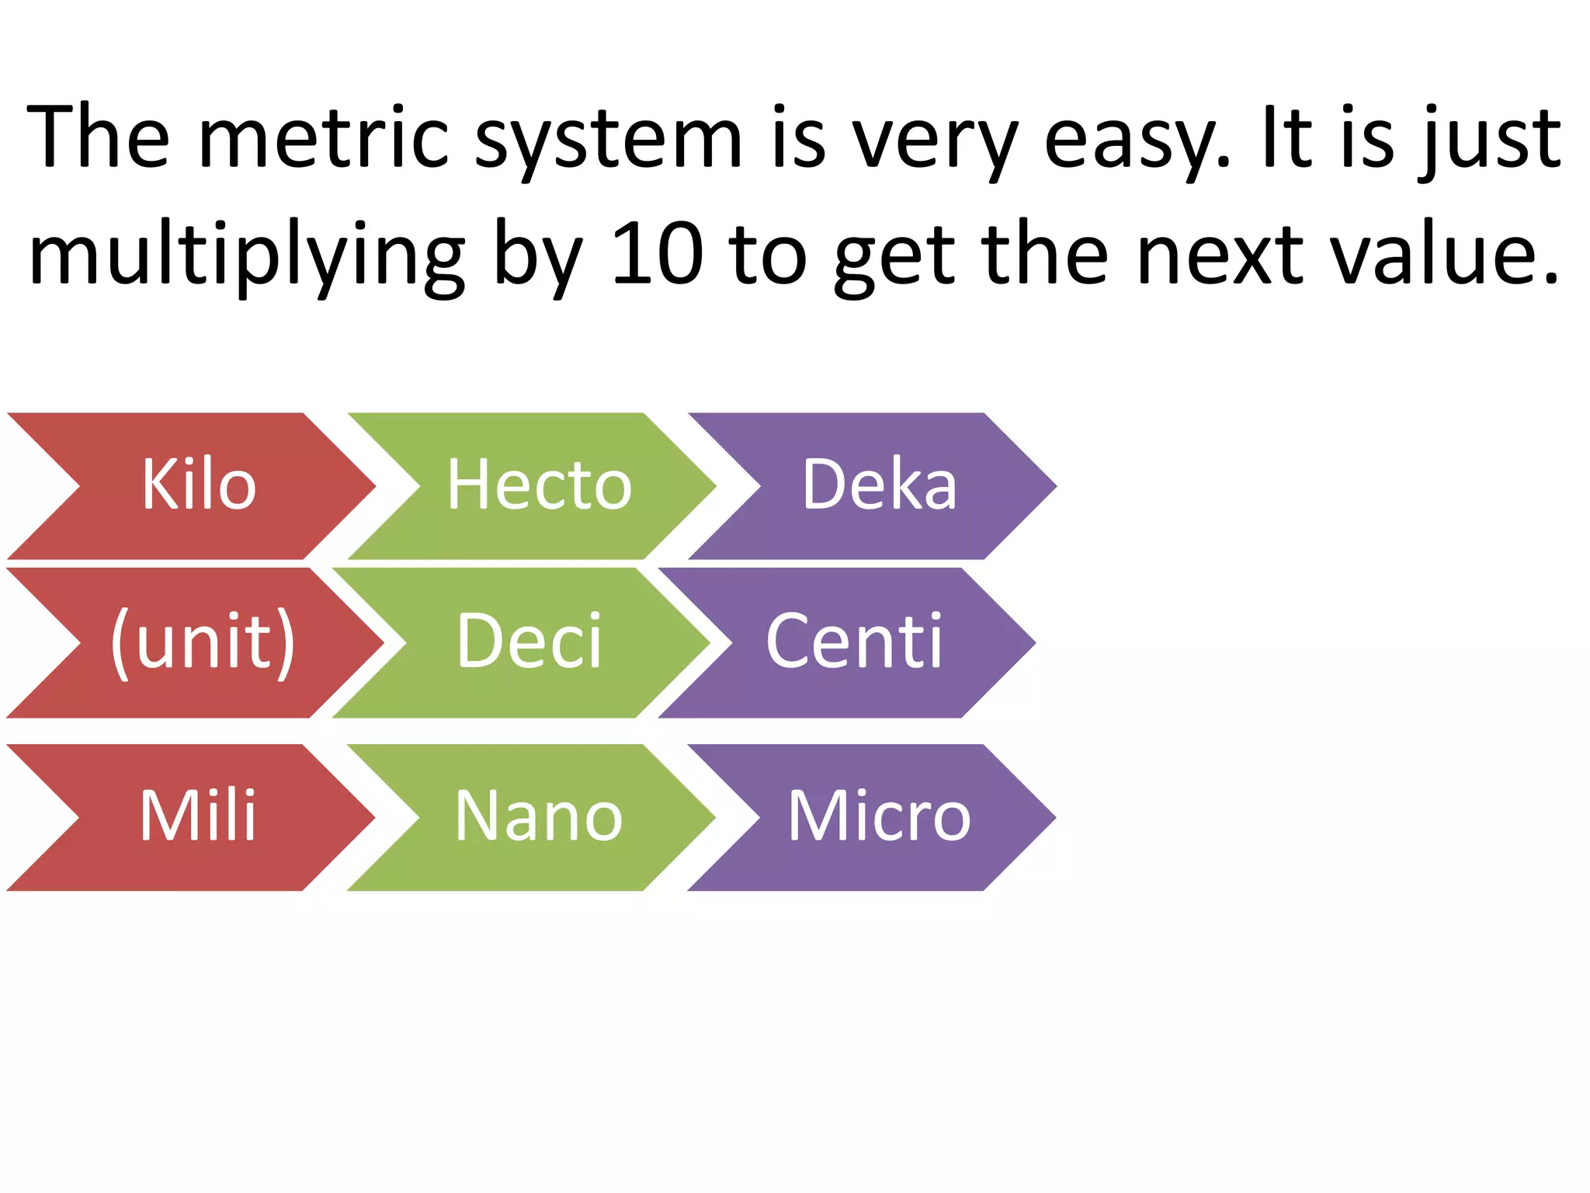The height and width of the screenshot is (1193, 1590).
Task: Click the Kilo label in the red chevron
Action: pos(199,485)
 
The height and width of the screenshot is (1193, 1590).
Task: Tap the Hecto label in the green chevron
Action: pos(540,485)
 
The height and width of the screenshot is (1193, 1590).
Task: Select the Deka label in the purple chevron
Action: pos(880,485)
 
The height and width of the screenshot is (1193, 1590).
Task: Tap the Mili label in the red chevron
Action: pos(198,816)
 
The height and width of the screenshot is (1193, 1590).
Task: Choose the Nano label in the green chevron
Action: pos(539,816)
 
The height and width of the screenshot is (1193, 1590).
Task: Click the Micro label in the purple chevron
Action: pos(880,816)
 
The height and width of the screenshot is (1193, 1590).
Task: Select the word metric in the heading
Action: pos(324,138)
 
